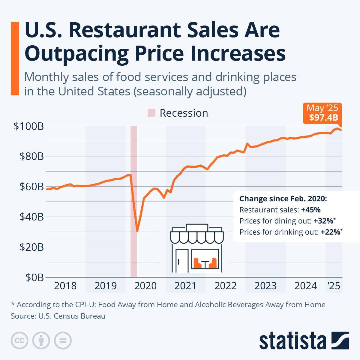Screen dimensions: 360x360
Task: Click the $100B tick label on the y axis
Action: tap(28, 126)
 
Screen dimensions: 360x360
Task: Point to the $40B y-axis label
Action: tap(31, 217)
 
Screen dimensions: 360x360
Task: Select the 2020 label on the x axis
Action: tap(145, 286)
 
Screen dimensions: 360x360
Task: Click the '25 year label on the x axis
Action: tap(334, 286)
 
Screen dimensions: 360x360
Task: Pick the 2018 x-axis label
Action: tap(65, 286)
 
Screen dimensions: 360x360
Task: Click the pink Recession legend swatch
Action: tap(151, 113)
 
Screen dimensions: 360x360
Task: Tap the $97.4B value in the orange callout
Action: tap(323, 117)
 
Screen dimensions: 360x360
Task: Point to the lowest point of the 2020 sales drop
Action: tap(137, 231)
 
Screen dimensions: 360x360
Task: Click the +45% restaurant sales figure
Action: tap(311, 210)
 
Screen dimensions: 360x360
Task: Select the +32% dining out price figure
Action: tap(323, 221)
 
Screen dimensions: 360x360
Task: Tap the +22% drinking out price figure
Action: tap(330, 232)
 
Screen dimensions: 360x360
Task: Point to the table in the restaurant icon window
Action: tap(205, 264)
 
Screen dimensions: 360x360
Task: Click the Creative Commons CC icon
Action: tap(19, 341)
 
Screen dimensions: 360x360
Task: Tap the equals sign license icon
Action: tap(63, 341)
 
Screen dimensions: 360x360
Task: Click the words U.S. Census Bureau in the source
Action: tap(72, 316)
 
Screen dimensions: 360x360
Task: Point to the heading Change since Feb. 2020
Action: tap(283, 199)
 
